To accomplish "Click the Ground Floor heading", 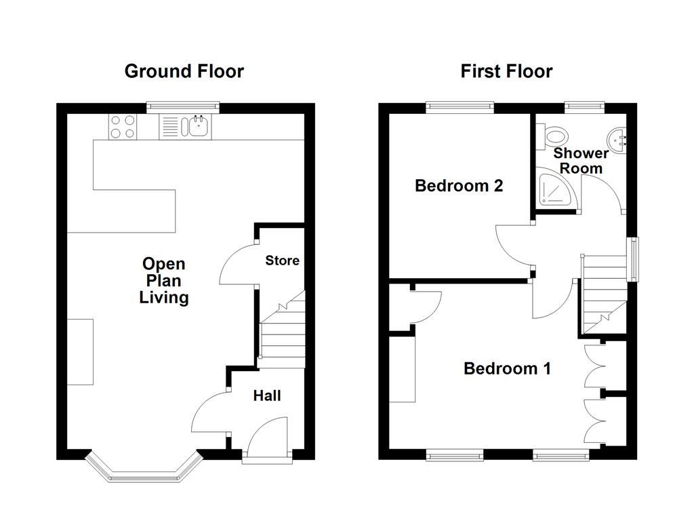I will point(184,71).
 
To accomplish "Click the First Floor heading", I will point(506,71).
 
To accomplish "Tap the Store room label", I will point(282,260).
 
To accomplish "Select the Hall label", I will point(267,395).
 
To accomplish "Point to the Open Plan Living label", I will point(163,280).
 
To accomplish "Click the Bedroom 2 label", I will point(459,185).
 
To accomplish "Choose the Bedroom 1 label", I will point(507,368).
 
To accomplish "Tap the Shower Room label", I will point(581,161).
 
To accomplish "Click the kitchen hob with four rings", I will point(123,127).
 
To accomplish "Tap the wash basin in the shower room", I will point(619,139).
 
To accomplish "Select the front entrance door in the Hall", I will point(267,438).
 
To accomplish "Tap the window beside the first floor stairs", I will point(634,258).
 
